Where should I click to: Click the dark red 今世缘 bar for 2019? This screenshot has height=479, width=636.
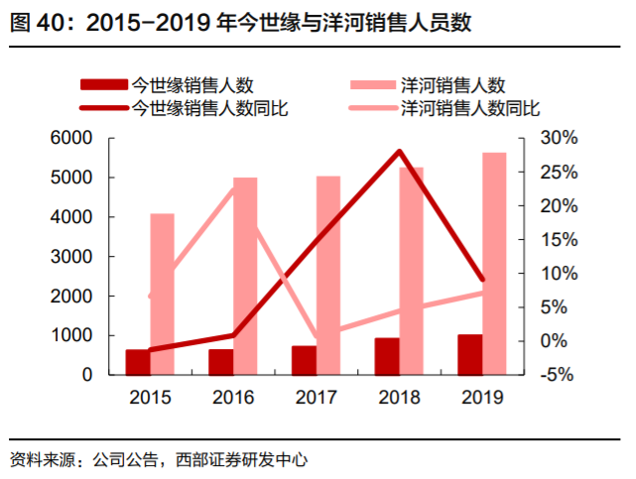(469, 355)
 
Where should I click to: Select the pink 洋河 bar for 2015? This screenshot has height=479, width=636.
(162, 295)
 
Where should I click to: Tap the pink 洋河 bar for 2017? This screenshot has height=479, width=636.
(327, 276)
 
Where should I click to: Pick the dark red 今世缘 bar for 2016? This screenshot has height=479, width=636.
(220, 362)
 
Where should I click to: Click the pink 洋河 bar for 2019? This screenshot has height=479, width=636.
(493, 264)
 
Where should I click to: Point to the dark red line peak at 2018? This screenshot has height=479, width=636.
(399, 152)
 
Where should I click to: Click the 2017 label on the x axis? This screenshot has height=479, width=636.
(316, 398)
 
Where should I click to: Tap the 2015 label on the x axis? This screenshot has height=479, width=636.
(149, 398)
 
